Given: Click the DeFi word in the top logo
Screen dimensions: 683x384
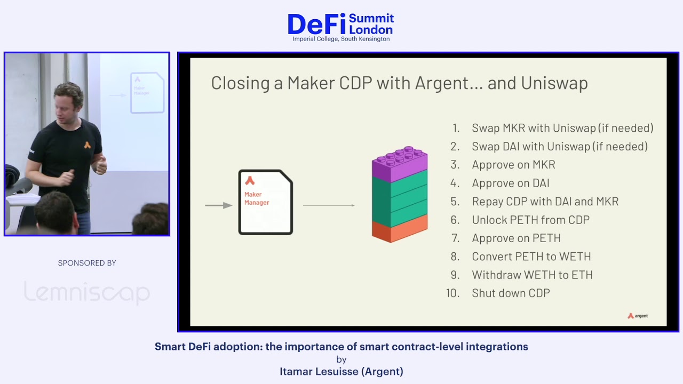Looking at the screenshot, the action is [316, 24].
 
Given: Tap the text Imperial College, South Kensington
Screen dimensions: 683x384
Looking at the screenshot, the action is [341, 39].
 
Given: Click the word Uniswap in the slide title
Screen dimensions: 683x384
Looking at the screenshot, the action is [554, 83].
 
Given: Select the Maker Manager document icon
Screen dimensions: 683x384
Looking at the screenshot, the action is [266, 202].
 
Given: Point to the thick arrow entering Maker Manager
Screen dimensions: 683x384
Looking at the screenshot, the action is [219, 205].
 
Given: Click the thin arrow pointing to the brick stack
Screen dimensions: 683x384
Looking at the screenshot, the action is [329, 205].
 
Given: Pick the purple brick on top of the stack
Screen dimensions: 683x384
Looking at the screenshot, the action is [400, 165].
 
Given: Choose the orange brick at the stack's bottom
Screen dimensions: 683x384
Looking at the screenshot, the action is [400, 229].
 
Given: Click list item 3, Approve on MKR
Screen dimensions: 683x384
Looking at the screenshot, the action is [513, 165].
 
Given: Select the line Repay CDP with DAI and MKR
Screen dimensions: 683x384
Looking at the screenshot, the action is [545, 202].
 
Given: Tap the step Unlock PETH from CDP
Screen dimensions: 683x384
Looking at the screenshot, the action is [531, 220].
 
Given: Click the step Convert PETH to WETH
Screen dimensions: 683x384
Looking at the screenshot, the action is [531, 257].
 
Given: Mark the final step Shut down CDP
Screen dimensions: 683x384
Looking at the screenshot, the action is [511, 293].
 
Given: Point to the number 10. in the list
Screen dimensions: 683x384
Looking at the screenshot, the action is [453, 293].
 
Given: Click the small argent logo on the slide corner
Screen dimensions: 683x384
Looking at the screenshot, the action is [638, 316].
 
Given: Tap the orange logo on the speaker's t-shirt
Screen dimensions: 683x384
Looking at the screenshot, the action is [88, 145].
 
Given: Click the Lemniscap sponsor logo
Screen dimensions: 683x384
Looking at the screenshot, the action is [87, 293].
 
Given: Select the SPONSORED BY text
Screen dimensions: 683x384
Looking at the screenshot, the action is [87, 263].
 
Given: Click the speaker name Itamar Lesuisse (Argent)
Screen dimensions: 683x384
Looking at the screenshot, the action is [341, 372].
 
